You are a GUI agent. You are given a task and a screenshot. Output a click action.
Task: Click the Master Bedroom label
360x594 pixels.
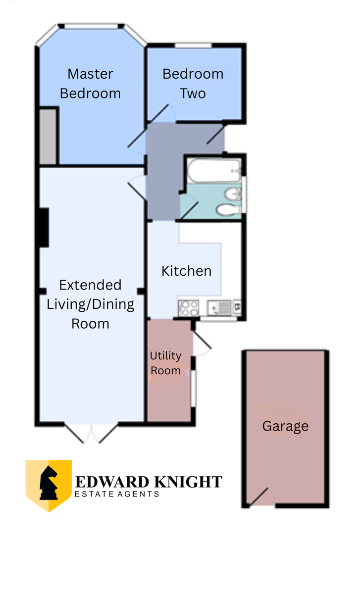click(90, 84)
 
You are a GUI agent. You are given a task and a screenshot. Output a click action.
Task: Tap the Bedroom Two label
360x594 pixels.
click(193, 84)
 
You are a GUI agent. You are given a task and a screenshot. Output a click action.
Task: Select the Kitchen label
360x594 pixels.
click(187, 271)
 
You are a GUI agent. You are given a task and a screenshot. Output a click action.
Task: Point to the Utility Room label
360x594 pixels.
click(165, 363)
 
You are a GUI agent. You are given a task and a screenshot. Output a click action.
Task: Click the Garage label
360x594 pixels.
click(285, 427)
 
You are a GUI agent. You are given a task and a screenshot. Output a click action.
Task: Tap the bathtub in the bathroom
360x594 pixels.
click(214, 170)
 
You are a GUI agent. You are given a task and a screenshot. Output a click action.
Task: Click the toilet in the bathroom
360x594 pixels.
click(228, 210)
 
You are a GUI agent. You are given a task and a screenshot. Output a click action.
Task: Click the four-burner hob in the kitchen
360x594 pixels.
click(189, 308)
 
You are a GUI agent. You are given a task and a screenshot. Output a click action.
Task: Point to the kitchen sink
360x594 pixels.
click(219, 307)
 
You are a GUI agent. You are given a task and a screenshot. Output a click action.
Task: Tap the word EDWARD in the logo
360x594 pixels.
click(112, 482)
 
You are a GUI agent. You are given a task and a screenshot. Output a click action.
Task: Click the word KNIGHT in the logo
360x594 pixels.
click(188, 482)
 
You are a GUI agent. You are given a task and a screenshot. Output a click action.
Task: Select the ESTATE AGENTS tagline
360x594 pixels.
click(117, 494)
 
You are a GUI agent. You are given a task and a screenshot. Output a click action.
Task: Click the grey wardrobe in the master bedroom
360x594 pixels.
click(48, 137)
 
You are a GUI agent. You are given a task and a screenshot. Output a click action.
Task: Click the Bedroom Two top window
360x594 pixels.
click(193, 46)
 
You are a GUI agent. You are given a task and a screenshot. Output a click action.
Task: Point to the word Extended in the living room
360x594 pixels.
click(90, 285)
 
